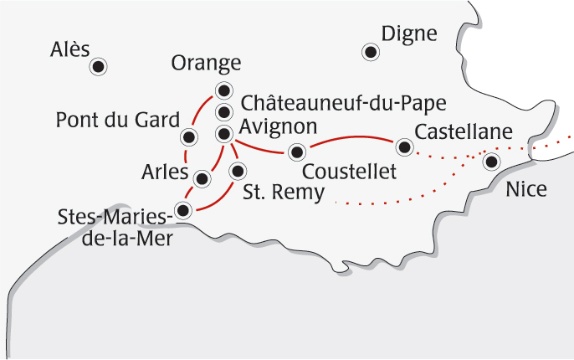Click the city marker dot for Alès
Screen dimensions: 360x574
[99, 66]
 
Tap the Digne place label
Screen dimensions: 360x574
[409, 33]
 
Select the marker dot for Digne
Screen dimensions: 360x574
[370, 52]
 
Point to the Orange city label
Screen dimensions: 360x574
[206, 64]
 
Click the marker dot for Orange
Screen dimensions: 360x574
[223, 90]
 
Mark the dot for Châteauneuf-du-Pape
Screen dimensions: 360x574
[223, 112]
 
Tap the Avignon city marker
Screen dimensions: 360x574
[223, 133]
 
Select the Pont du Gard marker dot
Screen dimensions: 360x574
[189, 136]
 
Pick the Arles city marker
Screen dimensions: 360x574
[202, 178]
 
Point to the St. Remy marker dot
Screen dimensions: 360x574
[238, 172]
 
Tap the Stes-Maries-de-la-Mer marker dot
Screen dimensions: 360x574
[184, 208]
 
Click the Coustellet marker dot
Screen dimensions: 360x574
[295, 152]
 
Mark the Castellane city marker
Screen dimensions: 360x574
[405, 147]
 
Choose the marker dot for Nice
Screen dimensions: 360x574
[492, 162]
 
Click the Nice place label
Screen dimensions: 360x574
[526, 190]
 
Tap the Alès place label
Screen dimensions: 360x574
[69, 49]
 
